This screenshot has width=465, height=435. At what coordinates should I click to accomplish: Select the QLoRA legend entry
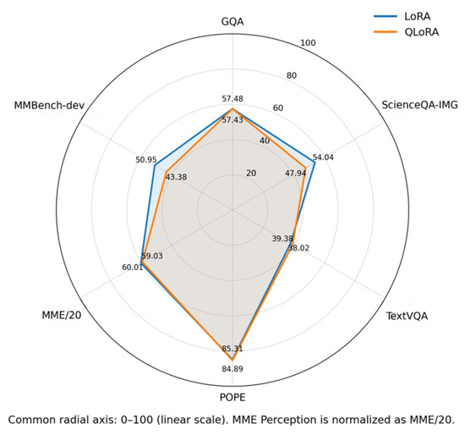pos(406,32)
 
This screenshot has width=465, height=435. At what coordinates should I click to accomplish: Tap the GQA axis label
pos(232,22)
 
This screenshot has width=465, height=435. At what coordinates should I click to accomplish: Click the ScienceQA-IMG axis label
pos(419,105)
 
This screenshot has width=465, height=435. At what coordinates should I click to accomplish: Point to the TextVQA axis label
pos(407,316)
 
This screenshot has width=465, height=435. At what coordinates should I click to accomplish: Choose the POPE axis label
pos(232,397)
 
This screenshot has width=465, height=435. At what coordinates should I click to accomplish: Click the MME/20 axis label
pos(62,315)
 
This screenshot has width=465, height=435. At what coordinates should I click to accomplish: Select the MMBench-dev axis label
pos(49,106)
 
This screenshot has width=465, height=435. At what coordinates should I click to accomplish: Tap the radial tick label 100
pos(308,43)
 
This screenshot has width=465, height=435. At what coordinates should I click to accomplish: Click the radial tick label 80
pos(291,75)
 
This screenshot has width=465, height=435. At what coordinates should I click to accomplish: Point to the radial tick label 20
pos(251,173)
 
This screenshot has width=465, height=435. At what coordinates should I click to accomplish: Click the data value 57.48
pos(232,99)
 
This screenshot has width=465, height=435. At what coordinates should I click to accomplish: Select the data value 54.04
pos(323,157)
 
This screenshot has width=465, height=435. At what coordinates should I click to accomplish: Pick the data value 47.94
pos(295,173)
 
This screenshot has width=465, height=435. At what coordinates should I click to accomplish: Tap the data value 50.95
pos(146,160)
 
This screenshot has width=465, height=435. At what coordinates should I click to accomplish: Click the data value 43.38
pos(176,177)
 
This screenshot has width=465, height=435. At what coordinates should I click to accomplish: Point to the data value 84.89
pos(232,369)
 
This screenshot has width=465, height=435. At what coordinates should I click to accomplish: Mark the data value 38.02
pos(298,248)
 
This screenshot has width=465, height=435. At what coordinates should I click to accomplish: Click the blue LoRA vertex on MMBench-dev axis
pos(155,165)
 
